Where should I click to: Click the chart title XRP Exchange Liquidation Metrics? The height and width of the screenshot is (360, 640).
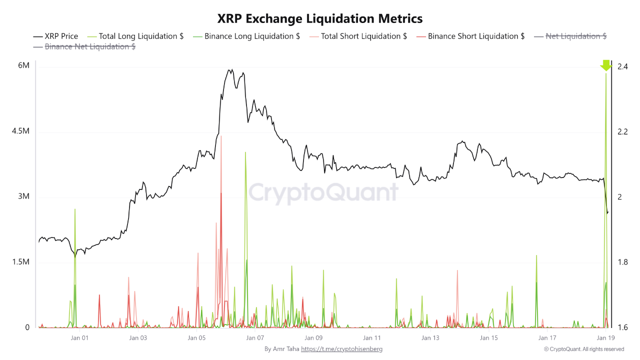pyautogui.click(x=320, y=18)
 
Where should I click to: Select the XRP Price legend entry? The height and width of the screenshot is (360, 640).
pyautogui.click(x=55, y=36)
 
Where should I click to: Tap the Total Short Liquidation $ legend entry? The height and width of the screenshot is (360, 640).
pyautogui.click(x=357, y=36)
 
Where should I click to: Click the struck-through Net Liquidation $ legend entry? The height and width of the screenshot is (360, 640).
pyautogui.click(x=570, y=36)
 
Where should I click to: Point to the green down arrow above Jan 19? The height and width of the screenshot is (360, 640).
pyautogui.click(x=605, y=65)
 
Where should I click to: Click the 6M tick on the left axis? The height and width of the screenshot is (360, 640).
pyautogui.click(x=24, y=66)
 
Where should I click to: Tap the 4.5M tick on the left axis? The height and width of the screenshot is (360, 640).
pyautogui.click(x=20, y=131)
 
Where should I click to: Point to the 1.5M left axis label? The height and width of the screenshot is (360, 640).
pyautogui.click(x=20, y=262)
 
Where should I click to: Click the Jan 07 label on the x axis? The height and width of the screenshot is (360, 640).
pyautogui.click(x=255, y=338)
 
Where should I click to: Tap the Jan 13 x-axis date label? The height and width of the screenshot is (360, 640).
pyautogui.click(x=430, y=338)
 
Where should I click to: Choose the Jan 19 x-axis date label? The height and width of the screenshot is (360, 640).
pyautogui.click(x=605, y=338)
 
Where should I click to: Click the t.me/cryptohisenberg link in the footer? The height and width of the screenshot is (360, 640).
pyautogui.click(x=341, y=349)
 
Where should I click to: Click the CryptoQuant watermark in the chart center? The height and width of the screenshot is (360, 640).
pyautogui.click(x=323, y=192)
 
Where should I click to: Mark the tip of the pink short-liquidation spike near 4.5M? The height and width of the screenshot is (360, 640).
pyautogui.click(x=220, y=136)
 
